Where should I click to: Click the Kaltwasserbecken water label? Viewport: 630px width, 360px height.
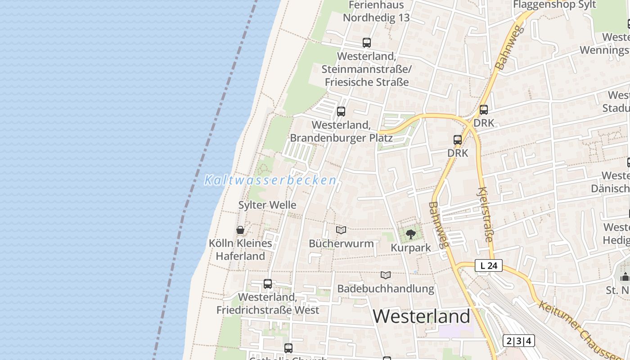(270, 180)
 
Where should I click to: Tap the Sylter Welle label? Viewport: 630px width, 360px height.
(267, 205)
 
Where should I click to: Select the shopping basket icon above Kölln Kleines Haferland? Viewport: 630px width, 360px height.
(240, 230)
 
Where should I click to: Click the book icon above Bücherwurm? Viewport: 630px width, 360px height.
(341, 230)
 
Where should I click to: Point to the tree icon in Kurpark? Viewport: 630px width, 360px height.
(410, 234)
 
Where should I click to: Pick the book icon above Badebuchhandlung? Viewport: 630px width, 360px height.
(386, 275)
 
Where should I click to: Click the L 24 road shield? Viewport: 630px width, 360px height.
(489, 265)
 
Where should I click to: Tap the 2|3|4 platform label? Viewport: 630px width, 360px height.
(518, 341)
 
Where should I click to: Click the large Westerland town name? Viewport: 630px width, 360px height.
(421, 316)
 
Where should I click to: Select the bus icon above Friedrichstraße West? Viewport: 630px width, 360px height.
(268, 284)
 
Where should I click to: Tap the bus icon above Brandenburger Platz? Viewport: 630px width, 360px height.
(341, 112)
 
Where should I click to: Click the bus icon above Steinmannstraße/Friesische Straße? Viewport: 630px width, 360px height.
(367, 43)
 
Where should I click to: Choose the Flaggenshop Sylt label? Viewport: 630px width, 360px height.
(554, 5)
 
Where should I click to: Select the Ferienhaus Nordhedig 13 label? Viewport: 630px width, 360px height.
(376, 12)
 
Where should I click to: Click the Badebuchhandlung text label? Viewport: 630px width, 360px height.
(386, 288)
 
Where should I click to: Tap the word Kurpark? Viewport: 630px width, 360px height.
(411, 247)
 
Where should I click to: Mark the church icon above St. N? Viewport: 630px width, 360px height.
(625, 276)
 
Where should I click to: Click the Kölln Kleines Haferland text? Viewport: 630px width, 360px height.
(240, 250)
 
